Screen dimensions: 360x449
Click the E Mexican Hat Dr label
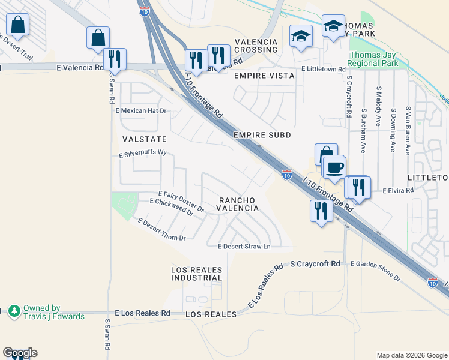pos(141,111)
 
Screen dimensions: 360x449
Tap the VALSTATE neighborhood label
pos(144,139)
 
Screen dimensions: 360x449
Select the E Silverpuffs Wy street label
pos(142,152)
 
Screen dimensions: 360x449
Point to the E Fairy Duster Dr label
pos(181,202)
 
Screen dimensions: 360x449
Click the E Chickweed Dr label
pos(172,208)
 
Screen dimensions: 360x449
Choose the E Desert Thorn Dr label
pos(161,230)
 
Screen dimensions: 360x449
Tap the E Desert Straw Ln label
pos(244,246)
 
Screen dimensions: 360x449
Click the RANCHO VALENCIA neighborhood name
pos(238,204)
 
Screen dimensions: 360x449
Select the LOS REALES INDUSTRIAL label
pos(196,274)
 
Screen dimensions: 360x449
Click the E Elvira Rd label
pos(399,190)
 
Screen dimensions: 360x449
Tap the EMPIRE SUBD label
pos(262,135)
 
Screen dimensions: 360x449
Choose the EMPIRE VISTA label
pos(264,76)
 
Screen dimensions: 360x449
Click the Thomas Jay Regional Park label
pos(373,59)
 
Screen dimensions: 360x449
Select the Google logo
pos(20,353)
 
